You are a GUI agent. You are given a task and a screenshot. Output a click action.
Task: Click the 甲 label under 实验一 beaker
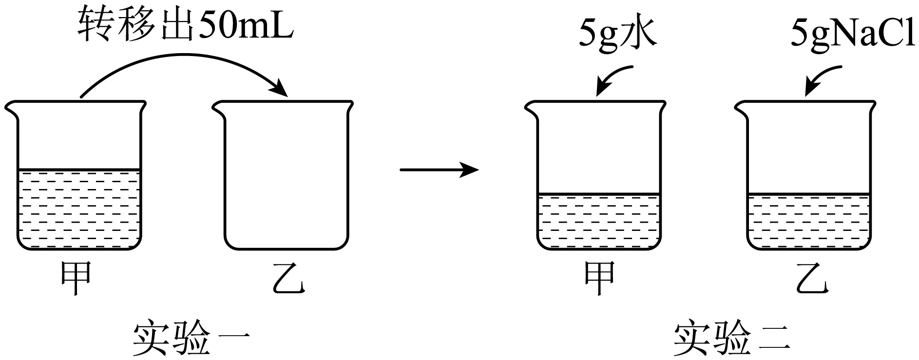click(76, 278)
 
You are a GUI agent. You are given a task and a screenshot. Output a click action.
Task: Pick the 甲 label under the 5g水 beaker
click(599, 278)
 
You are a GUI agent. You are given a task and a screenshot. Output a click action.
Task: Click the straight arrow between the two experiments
click(439, 170)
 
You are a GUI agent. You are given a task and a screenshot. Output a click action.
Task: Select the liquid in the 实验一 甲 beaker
click(79, 209)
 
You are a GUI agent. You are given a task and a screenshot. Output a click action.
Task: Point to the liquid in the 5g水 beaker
click(599, 222)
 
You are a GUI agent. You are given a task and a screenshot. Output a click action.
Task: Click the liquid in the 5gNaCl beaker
click(809, 222)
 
